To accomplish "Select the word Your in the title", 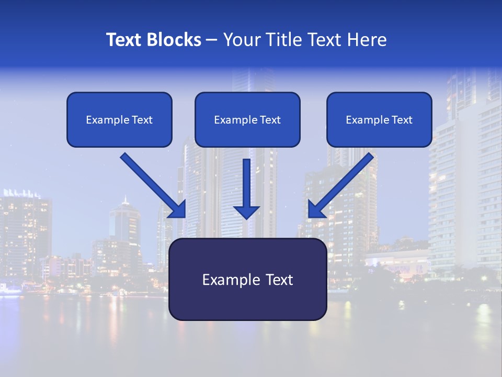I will (241, 40).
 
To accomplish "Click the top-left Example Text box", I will (119, 119).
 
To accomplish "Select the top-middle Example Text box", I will (247, 119).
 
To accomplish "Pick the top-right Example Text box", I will (379, 119).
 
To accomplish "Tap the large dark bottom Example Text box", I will (247, 279).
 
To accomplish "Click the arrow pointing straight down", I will (246, 186).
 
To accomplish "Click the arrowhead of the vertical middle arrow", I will (246, 212).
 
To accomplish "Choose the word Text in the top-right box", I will (402, 120).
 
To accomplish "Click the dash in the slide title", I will (212, 40).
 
